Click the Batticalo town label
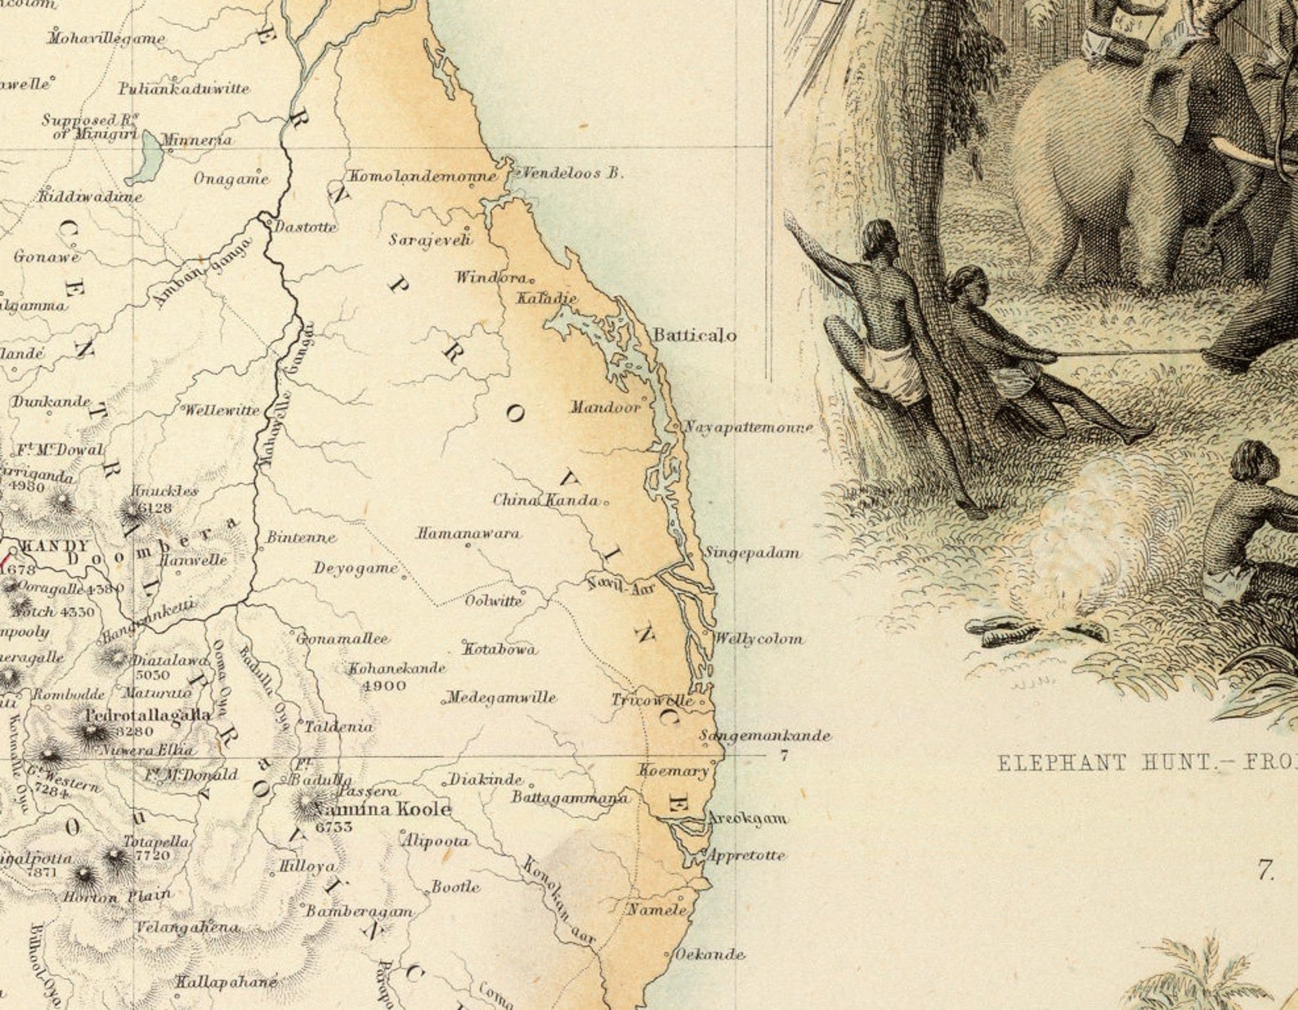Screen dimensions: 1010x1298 [x=694, y=335]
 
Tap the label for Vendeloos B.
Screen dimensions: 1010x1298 [x=572, y=173]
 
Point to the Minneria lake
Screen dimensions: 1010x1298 [x=148, y=157]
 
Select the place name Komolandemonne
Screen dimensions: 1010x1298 [x=423, y=177]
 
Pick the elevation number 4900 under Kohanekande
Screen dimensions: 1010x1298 [x=383, y=686]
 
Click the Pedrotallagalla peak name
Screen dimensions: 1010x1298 [x=148, y=714]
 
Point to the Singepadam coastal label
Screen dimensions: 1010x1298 [x=752, y=553]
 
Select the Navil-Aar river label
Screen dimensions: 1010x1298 [x=621, y=585]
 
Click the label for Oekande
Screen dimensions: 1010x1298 [x=709, y=954]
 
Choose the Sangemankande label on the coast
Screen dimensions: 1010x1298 [x=766, y=735]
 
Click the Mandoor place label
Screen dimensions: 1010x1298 [x=606, y=407]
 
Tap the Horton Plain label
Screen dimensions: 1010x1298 [x=118, y=896]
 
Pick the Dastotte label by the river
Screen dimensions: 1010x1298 [x=305, y=227]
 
